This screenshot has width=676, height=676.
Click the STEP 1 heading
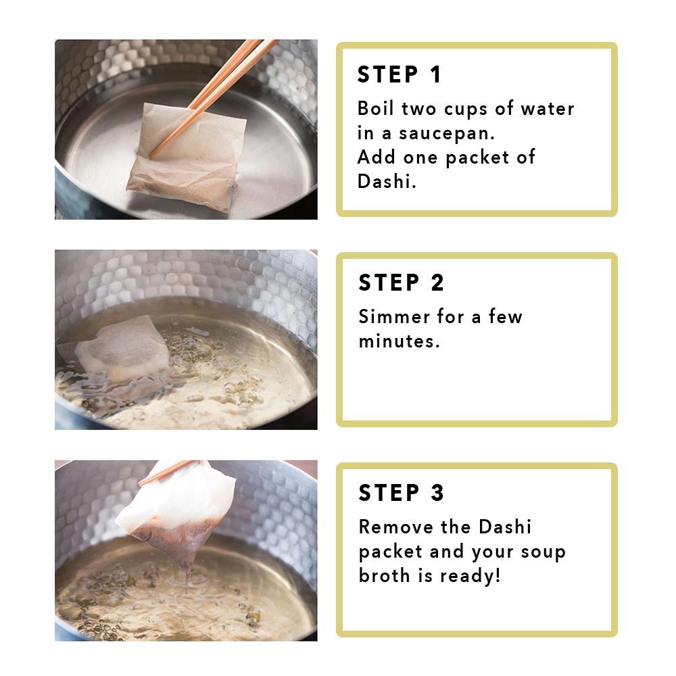400,74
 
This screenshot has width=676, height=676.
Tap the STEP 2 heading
401,283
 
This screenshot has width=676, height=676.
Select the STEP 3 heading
401,493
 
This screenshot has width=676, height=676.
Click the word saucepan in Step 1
447,134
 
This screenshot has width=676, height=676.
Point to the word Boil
375,108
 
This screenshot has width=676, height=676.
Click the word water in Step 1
548,109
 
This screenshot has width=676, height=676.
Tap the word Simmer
394,316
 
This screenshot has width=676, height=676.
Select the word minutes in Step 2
399,341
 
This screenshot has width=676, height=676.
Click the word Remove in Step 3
395,527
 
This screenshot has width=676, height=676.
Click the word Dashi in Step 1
386,181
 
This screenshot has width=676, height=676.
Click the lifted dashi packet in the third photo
176,511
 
